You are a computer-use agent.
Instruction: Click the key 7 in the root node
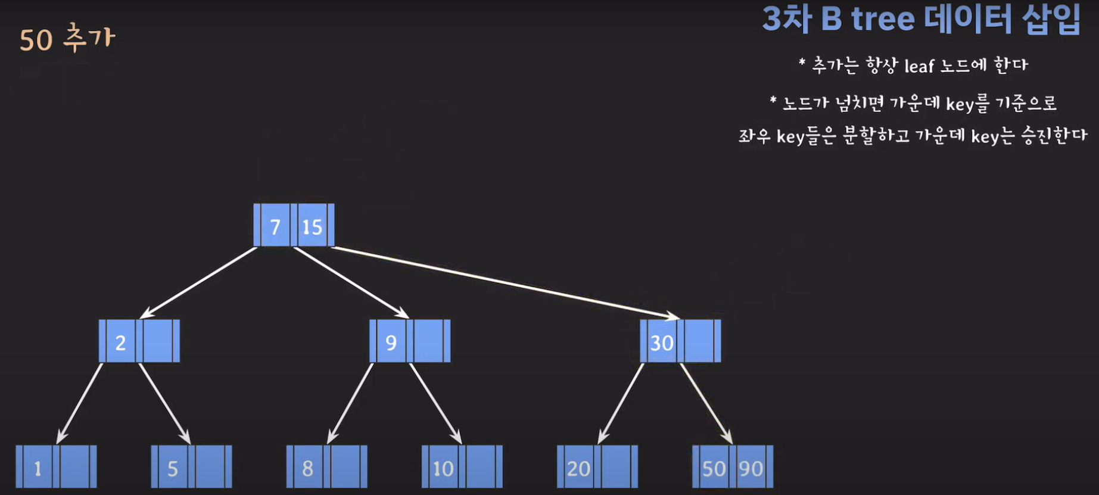click(x=275, y=226)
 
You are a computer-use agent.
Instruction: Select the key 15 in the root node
click(x=312, y=226)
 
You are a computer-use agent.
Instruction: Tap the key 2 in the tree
click(x=120, y=342)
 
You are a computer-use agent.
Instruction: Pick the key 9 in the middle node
click(x=391, y=342)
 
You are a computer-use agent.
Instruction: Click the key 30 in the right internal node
click(x=661, y=342)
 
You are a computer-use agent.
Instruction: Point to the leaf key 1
click(x=38, y=468)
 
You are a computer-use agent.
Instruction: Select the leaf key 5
click(x=173, y=468)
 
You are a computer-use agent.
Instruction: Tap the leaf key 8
click(x=308, y=468)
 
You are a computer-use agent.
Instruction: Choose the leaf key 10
click(x=443, y=468)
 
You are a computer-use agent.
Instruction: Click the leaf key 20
click(x=578, y=468)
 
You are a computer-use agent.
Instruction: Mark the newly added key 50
click(x=714, y=468)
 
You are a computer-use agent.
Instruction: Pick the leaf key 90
click(x=751, y=468)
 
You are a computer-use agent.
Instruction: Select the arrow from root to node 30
click(x=506, y=282)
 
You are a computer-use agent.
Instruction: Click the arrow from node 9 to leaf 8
click(x=350, y=403)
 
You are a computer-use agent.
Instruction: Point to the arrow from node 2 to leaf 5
click(x=165, y=403)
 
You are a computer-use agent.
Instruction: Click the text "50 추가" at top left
click(x=67, y=39)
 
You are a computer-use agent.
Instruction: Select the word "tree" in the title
click(x=882, y=20)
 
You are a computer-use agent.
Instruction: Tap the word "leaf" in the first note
click(x=919, y=66)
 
